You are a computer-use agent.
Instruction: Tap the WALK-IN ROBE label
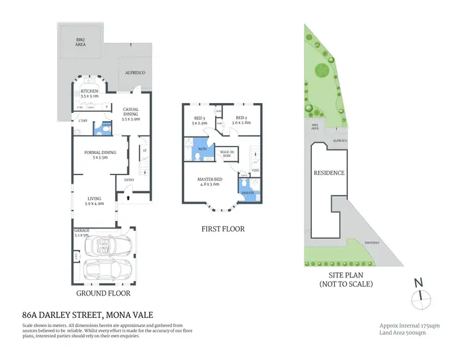coord(227,154)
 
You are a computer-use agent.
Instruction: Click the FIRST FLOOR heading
coord(222,229)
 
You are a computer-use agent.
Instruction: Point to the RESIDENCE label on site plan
coord(329,173)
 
